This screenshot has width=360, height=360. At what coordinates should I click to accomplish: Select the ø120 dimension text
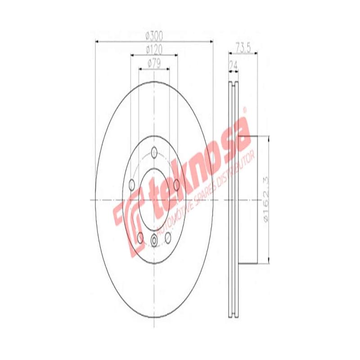(x=154, y=49)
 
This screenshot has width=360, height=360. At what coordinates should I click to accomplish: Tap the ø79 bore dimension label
(x=154, y=63)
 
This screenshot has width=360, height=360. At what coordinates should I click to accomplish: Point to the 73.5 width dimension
(x=243, y=46)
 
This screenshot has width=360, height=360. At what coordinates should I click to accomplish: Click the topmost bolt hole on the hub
(x=154, y=152)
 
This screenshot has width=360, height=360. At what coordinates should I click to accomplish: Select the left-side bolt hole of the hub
(x=132, y=184)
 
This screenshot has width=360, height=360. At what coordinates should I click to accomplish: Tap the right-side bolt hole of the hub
(x=176, y=184)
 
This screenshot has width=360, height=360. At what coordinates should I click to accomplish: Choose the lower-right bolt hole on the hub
(x=168, y=237)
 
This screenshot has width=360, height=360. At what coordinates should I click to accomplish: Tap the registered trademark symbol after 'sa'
(x=245, y=109)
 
